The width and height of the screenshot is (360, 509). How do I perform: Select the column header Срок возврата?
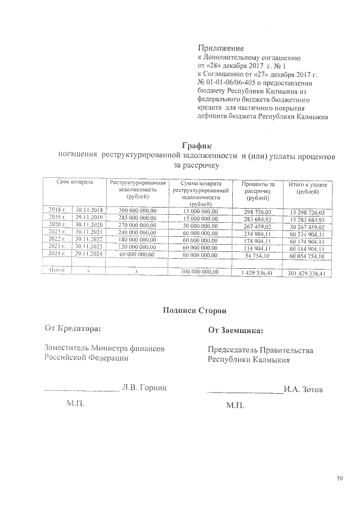(x=74, y=183)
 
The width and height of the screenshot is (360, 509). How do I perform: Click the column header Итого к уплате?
(x=307, y=187)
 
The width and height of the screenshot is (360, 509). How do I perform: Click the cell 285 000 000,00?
(x=137, y=217)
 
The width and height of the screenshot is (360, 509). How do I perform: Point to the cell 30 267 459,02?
(x=307, y=226)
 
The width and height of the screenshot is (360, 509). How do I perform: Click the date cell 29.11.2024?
(x=88, y=254)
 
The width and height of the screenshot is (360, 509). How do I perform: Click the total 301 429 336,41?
(x=307, y=273)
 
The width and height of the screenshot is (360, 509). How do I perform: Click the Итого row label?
(x=56, y=271)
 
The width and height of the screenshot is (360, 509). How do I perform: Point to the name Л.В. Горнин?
(x=145, y=388)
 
